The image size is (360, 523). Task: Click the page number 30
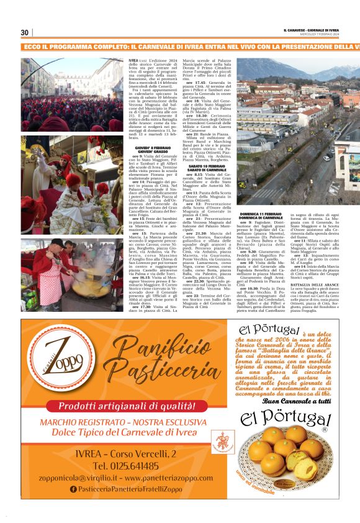(x=25, y=32)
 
